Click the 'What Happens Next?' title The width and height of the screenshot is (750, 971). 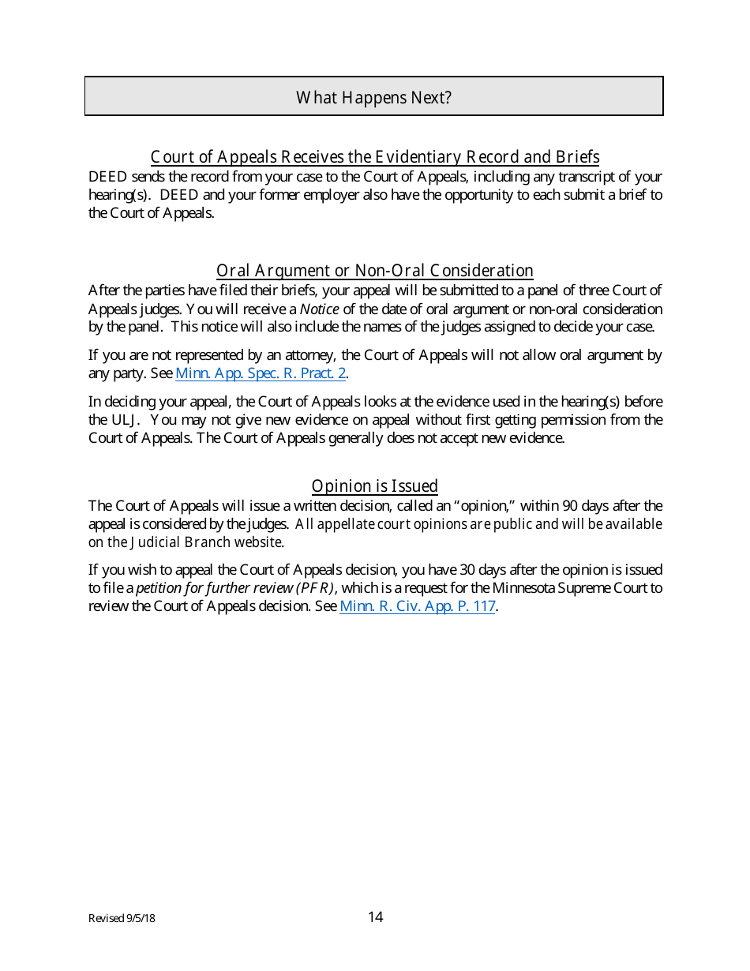pos(373,97)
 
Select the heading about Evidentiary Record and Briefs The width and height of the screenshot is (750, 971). pos(375,156)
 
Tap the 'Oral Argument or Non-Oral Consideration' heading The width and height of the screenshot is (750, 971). pos(375,271)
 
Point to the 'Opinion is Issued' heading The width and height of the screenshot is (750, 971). pos(375,485)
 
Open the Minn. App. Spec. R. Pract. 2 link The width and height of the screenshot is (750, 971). pos(261,373)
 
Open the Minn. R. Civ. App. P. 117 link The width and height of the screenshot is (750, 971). pos(417,606)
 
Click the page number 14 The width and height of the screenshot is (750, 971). pos(375,917)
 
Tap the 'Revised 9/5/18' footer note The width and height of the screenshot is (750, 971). pos(122,918)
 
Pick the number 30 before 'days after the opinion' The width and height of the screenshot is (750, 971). pos(469,569)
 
